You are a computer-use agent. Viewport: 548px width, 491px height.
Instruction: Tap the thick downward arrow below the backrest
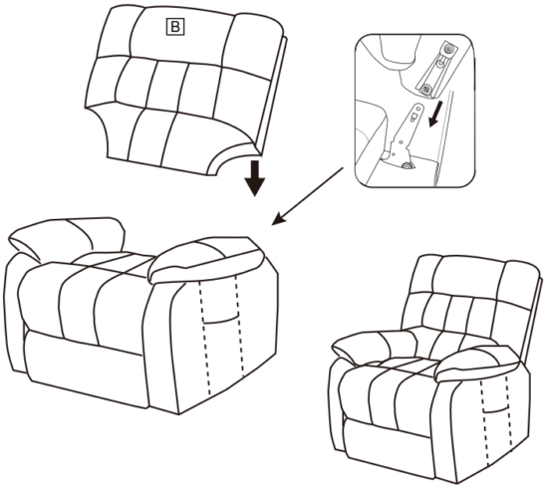256,177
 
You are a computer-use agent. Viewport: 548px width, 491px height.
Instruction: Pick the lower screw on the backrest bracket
426,90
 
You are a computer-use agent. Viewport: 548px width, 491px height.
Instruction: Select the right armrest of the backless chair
207,259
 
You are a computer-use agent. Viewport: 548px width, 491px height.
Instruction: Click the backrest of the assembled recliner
443,299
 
